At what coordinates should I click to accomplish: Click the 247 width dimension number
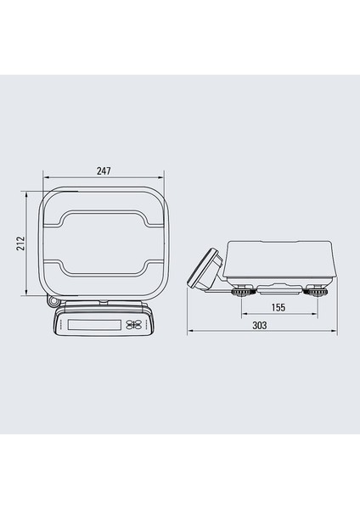coord(103,171)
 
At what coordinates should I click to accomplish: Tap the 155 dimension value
coord(278,307)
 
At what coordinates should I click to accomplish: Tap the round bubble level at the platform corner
coord(53,300)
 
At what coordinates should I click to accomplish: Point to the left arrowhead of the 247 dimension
coord(42,177)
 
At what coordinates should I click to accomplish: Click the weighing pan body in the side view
coord(280,261)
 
